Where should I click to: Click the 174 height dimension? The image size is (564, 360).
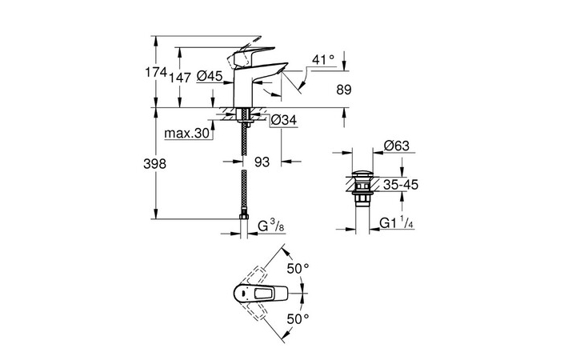click(155, 73)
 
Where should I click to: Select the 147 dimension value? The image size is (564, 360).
click(179, 76)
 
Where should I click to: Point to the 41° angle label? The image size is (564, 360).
click(322, 60)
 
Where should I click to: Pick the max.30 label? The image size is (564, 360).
click(186, 134)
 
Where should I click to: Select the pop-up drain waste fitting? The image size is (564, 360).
click(362, 189)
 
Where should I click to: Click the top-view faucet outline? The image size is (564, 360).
click(257, 295)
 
